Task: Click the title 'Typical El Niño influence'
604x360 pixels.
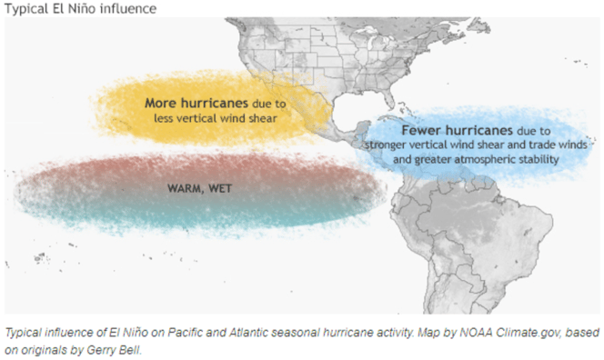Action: pos(80,9)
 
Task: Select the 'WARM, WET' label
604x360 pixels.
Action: pos(197,187)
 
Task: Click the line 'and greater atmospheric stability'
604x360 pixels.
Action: pos(476,159)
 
